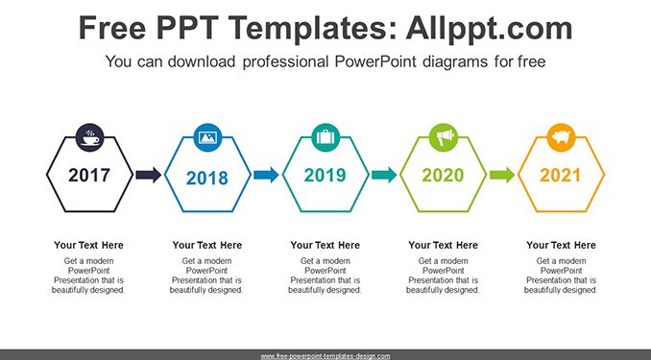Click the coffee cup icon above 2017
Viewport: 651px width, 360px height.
coord(89,137)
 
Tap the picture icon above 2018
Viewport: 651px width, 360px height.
coord(207,137)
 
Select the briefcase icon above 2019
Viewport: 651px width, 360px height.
coord(325,137)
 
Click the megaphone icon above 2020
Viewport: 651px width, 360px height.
coord(444,137)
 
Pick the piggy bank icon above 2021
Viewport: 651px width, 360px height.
coord(562,137)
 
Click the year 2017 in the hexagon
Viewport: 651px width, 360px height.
coord(89,176)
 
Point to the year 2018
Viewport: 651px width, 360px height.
coord(207,179)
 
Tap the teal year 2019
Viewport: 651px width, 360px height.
coord(325,176)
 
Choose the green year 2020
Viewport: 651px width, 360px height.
coord(443,176)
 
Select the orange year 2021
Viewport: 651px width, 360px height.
coord(561,176)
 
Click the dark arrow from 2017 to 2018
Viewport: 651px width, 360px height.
coord(148,175)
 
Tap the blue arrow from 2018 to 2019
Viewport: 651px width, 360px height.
coord(266,175)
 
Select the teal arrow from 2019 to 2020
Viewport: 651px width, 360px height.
coord(384,175)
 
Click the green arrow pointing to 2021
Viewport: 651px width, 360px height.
coord(502,175)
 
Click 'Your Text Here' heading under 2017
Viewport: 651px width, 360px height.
coord(88,246)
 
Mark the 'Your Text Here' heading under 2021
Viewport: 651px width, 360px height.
coord(561,246)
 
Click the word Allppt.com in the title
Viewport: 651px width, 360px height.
coord(489,29)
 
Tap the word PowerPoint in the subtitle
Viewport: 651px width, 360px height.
coord(374,61)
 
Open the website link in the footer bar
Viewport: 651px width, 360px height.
coord(325,356)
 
